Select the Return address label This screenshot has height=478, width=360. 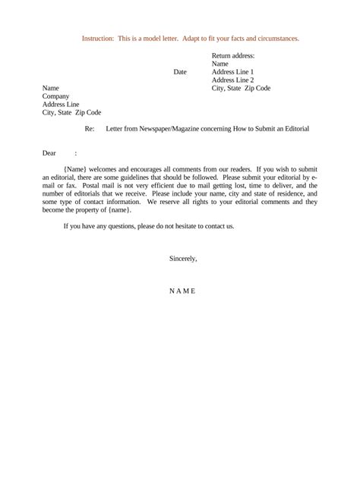coord(233,55)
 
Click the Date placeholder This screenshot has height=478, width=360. coord(180,72)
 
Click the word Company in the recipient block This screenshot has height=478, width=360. coord(55,96)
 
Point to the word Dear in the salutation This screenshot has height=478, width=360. coord(49,153)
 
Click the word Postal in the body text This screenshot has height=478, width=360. coord(90,185)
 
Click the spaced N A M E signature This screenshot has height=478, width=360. coord(182,291)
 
